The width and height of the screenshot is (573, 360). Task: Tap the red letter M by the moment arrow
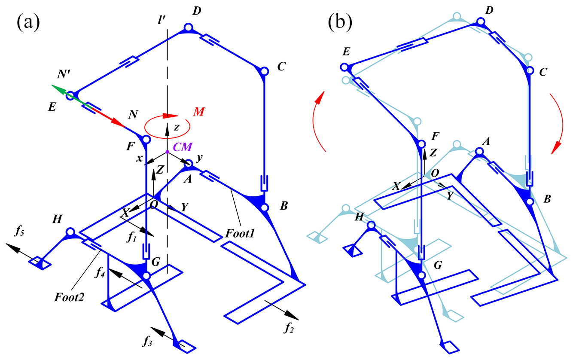click(198, 112)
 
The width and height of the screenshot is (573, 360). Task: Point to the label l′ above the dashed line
click(162, 20)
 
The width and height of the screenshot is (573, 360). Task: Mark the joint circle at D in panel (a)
click(188, 28)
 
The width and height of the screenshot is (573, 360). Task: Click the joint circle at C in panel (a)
click(264, 71)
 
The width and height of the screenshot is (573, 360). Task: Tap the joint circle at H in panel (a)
click(70, 232)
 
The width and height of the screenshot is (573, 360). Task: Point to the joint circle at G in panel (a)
click(146, 275)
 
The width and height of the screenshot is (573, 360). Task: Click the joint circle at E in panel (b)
click(344, 67)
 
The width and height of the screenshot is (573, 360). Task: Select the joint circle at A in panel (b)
click(480, 151)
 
